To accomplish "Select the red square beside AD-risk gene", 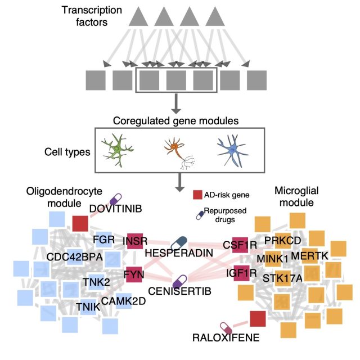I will [x=197, y=195].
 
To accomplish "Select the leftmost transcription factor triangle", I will [x=138, y=16].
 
